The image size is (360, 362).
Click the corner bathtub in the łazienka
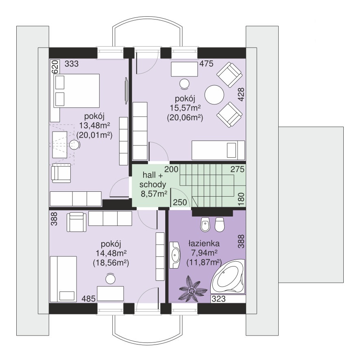coord(228,277)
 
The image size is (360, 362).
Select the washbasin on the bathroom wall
coord(175,255)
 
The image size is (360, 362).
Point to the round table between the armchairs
coord(214,95)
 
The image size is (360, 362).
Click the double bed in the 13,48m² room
coord(76,91)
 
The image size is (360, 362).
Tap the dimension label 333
coord(72,64)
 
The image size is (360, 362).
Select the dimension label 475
coord(206,64)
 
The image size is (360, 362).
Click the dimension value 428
coord(241,94)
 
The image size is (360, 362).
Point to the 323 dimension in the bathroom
coord(218,299)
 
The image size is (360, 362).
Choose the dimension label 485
coord(89,299)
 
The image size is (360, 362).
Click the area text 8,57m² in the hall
coord(154,193)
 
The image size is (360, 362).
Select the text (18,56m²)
coord(111,263)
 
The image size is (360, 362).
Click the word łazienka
coord(204,243)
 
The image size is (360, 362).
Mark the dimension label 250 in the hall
coord(180,202)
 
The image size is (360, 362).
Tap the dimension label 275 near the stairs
coord(238,169)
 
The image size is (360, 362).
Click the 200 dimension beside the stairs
coord(171,169)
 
